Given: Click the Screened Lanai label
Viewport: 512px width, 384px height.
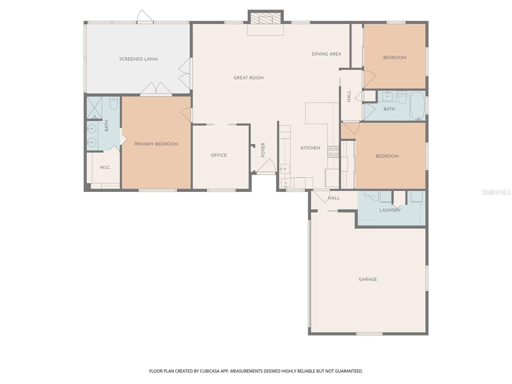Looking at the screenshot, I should [139, 59].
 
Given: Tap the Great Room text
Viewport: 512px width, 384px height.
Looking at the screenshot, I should [248, 78].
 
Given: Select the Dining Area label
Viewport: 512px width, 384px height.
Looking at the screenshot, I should [326, 54].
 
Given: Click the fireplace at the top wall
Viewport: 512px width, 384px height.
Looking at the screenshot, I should [265, 19].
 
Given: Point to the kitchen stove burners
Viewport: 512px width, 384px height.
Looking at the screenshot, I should [333, 152].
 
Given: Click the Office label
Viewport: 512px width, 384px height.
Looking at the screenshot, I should [219, 155].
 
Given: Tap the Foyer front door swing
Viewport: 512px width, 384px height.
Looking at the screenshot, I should [267, 166].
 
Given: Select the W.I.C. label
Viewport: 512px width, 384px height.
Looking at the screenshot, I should [105, 167].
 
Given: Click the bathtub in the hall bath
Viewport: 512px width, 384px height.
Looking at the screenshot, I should [417, 106].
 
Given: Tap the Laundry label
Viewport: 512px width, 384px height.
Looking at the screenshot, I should [390, 210].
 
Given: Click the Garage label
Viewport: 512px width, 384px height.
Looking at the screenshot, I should [368, 279].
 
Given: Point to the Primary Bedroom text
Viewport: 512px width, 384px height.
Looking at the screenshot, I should [156, 144].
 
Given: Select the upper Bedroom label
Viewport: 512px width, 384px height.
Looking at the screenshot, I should [395, 58].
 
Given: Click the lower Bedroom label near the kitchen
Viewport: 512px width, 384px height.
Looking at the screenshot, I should [387, 156].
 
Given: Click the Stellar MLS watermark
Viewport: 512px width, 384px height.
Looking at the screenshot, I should [496, 192].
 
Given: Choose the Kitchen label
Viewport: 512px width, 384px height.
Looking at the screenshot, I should [310, 148].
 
